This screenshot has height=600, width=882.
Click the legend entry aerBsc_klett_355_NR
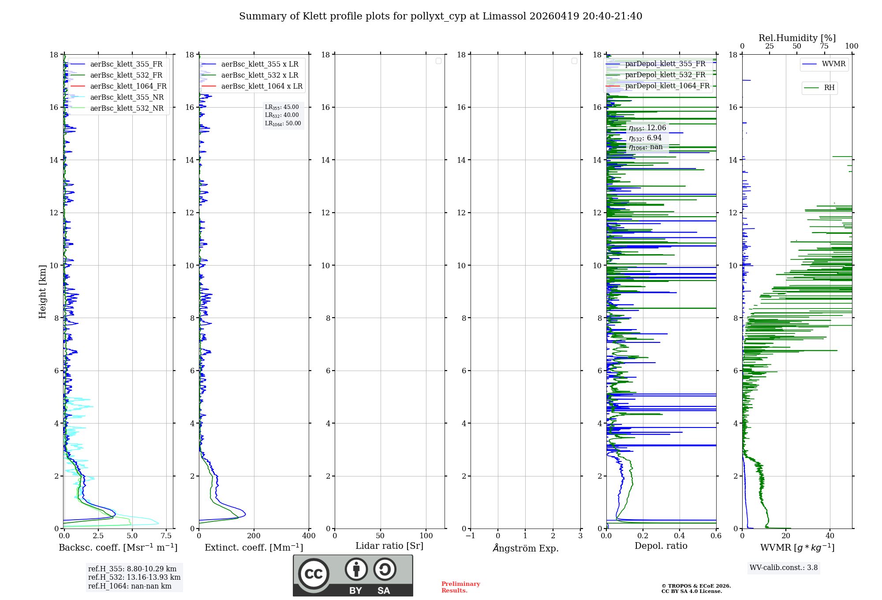click(127, 97)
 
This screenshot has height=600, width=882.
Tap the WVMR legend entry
click(833, 64)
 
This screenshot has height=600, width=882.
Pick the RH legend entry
click(829, 88)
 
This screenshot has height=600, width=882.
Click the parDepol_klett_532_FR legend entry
click(665, 75)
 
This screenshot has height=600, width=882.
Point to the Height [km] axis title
click(42, 291)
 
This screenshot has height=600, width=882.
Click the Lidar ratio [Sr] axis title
click(389, 546)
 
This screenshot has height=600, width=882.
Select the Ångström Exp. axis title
click(525, 548)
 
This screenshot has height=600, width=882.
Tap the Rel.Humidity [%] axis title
click(797, 38)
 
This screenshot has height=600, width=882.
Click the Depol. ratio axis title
click(661, 546)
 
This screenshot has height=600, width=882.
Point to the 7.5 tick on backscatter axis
click(166, 536)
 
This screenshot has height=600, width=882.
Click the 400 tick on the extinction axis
click(309, 536)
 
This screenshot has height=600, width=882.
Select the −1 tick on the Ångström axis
click(470, 536)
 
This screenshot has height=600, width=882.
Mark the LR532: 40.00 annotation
click(282, 115)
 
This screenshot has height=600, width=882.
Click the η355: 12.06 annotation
click(647, 128)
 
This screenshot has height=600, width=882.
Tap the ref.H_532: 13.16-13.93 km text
click(134, 577)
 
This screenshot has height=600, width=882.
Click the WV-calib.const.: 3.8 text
click(783, 567)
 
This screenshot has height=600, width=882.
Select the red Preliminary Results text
click(460, 587)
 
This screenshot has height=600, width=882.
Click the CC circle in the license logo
click(314, 574)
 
